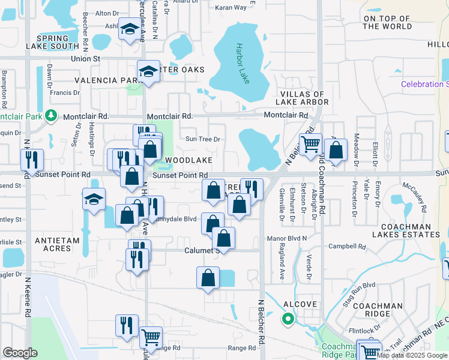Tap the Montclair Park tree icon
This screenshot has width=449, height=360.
click(x=52, y=115)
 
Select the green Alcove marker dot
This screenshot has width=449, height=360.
click(x=288, y=319)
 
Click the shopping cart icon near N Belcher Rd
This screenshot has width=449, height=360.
click(x=310, y=144)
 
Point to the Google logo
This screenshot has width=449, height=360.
click(x=20, y=353)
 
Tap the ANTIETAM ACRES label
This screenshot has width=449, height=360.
click(x=58, y=240)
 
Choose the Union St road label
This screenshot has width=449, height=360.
click(x=85, y=58)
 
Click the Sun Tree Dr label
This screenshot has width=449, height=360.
click(x=203, y=139)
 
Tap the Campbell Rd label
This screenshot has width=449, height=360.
click(x=347, y=246)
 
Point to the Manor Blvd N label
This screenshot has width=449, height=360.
click(x=286, y=238)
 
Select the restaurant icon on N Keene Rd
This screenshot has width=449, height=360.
click(x=31, y=160)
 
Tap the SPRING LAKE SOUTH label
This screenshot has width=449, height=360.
click(x=53, y=41)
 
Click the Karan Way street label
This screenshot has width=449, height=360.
click(x=231, y=7)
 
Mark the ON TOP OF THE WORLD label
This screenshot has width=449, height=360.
click(x=388, y=22)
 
